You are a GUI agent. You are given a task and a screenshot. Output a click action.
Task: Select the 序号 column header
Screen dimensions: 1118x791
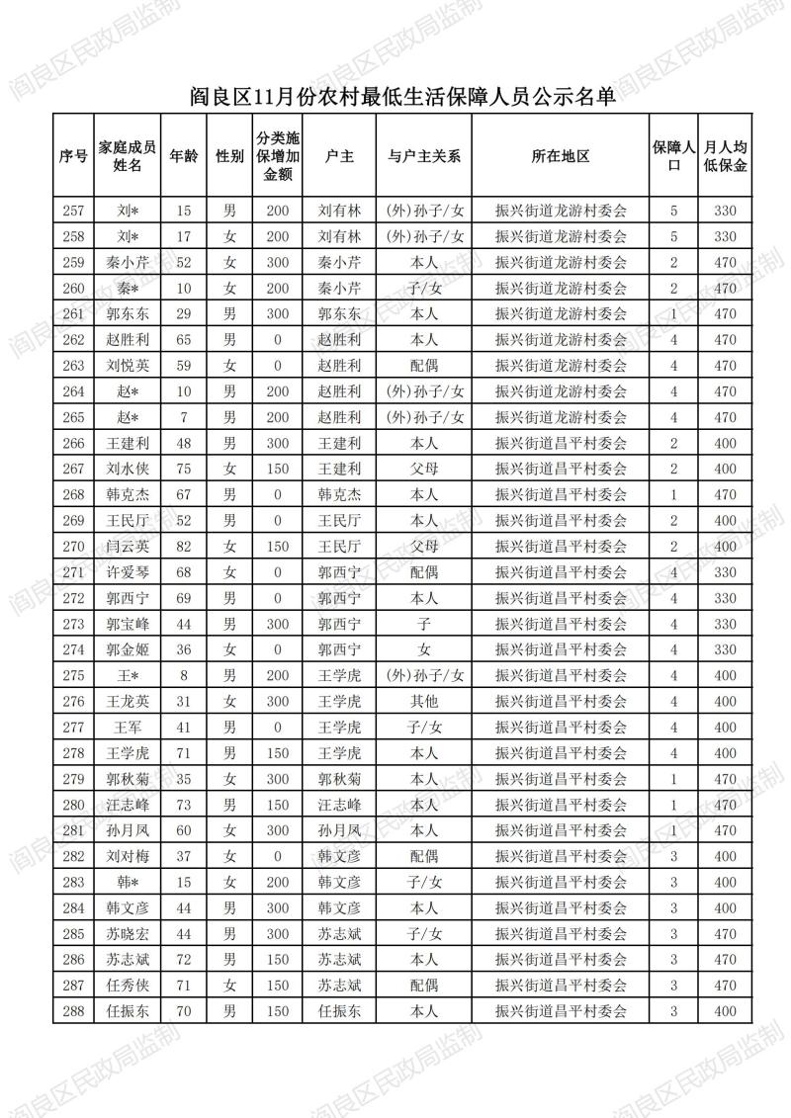(x=73, y=155)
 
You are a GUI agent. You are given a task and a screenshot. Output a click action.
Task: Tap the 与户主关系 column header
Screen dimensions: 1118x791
(x=424, y=155)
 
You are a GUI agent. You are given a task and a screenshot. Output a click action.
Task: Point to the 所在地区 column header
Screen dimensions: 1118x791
(x=561, y=155)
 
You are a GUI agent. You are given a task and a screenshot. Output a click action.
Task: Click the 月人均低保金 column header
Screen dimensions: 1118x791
(x=725, y=155)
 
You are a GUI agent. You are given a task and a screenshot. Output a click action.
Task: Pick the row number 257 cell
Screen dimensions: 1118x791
(x=73, y=211)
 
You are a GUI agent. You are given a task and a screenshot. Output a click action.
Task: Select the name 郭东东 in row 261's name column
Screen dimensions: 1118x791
(x=128, y=313)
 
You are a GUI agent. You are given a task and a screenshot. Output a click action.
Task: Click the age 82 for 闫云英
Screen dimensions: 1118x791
(x=183, y=546)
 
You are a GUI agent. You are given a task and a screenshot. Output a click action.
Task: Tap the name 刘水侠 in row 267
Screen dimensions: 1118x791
(x=128, y=468)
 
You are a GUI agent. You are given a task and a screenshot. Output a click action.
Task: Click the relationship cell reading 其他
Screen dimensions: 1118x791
(x=424, y=701)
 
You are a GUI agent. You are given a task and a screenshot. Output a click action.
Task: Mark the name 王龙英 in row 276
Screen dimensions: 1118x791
(x=128, y=701)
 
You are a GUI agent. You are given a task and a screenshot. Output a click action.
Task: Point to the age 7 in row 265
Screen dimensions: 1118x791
(x=183, y=416)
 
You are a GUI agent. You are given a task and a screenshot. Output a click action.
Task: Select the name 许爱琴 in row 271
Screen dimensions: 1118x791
(x=128, y=571)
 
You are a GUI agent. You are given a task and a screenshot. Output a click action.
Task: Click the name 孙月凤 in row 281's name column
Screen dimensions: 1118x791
(x=128, y=829)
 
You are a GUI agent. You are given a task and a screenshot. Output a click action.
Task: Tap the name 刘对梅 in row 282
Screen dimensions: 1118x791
(x=128, y=855)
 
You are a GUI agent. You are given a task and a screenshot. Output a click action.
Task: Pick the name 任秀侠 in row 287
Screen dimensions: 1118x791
(x=128, y=985)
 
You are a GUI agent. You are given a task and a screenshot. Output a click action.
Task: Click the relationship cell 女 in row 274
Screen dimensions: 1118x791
(x=424, y=648)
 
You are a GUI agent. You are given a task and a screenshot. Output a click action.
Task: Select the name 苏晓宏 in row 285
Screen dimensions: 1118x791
(x=128, y=933)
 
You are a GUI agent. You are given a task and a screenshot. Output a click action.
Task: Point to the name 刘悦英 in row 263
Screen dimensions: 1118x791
(x=128, y=365)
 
